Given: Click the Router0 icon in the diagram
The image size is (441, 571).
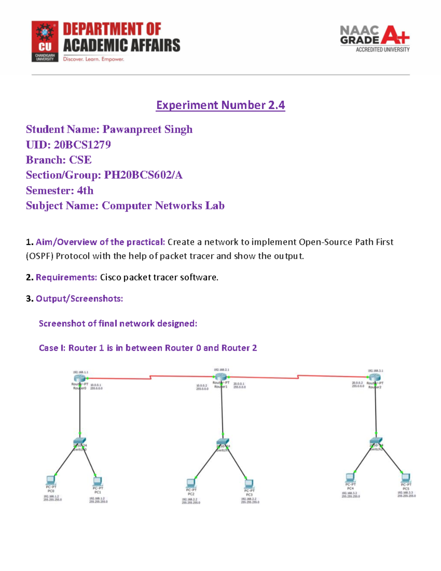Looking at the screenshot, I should [x=79, y=378].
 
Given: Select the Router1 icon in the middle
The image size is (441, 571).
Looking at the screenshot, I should [x=220, y=377].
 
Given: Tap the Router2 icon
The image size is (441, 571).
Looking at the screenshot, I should [x=375, y=378].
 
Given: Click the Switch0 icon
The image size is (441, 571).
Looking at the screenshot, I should [x=80, y=441].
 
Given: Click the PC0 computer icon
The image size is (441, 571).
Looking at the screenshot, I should [x=51, y=480].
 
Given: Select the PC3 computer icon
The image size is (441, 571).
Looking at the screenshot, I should [x=249, y=483].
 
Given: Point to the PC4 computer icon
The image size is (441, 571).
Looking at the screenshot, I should [x=350, y=478].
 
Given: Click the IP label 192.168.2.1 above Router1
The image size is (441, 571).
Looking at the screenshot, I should [x=221, y=370].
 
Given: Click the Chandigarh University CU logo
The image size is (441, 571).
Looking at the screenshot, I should [x=45, y=41].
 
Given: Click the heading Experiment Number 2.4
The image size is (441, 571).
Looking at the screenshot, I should [x=220, y=105].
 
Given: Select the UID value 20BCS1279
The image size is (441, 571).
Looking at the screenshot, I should [x=82, y=144].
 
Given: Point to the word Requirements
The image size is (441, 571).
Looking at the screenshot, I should [x=66, y=277].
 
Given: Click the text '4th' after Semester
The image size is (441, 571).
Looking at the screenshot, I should [x=85, y=190].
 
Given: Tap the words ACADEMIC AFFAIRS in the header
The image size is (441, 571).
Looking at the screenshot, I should [x=122, y=46].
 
